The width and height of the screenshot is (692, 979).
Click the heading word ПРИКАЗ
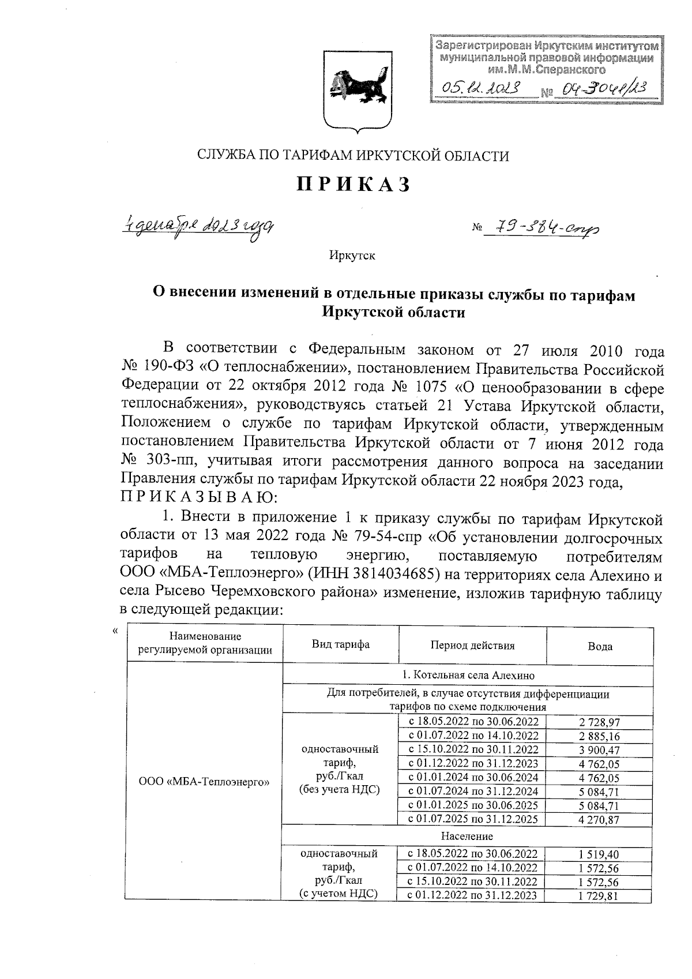353,184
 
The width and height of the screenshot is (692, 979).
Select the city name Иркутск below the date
352,255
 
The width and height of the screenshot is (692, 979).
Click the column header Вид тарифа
340,645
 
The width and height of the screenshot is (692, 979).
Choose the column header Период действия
472,646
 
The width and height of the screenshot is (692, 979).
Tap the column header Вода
600,646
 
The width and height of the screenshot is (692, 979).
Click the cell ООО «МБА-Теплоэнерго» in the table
205,782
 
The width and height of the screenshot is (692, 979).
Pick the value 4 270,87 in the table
600,819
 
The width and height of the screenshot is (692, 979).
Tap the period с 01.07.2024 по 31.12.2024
473,791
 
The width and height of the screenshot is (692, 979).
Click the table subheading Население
467,836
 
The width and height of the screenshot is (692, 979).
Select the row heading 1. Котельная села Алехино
467,675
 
